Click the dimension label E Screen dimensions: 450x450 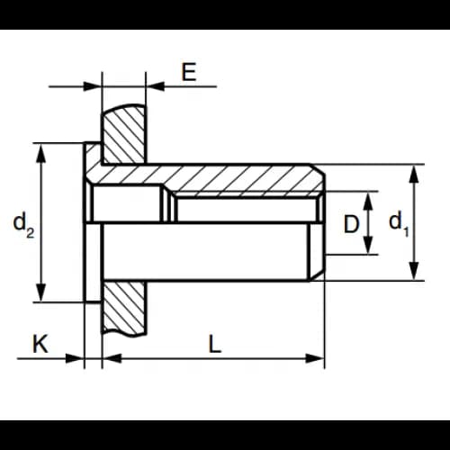coord(189,72)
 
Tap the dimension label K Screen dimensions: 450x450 coord(40,344)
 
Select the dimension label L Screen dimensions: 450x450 coord(214,344)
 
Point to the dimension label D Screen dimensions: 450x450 coord(351,224)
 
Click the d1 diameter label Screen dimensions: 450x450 coord(399,223)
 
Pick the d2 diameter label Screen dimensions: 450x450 coord(23,224)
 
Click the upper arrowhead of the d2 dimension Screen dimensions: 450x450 coord(41,153)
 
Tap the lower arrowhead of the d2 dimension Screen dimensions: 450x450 coord(41,292)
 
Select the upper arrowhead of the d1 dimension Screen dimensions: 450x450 coord(414,175)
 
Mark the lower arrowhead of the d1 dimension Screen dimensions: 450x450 coord(414,271)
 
